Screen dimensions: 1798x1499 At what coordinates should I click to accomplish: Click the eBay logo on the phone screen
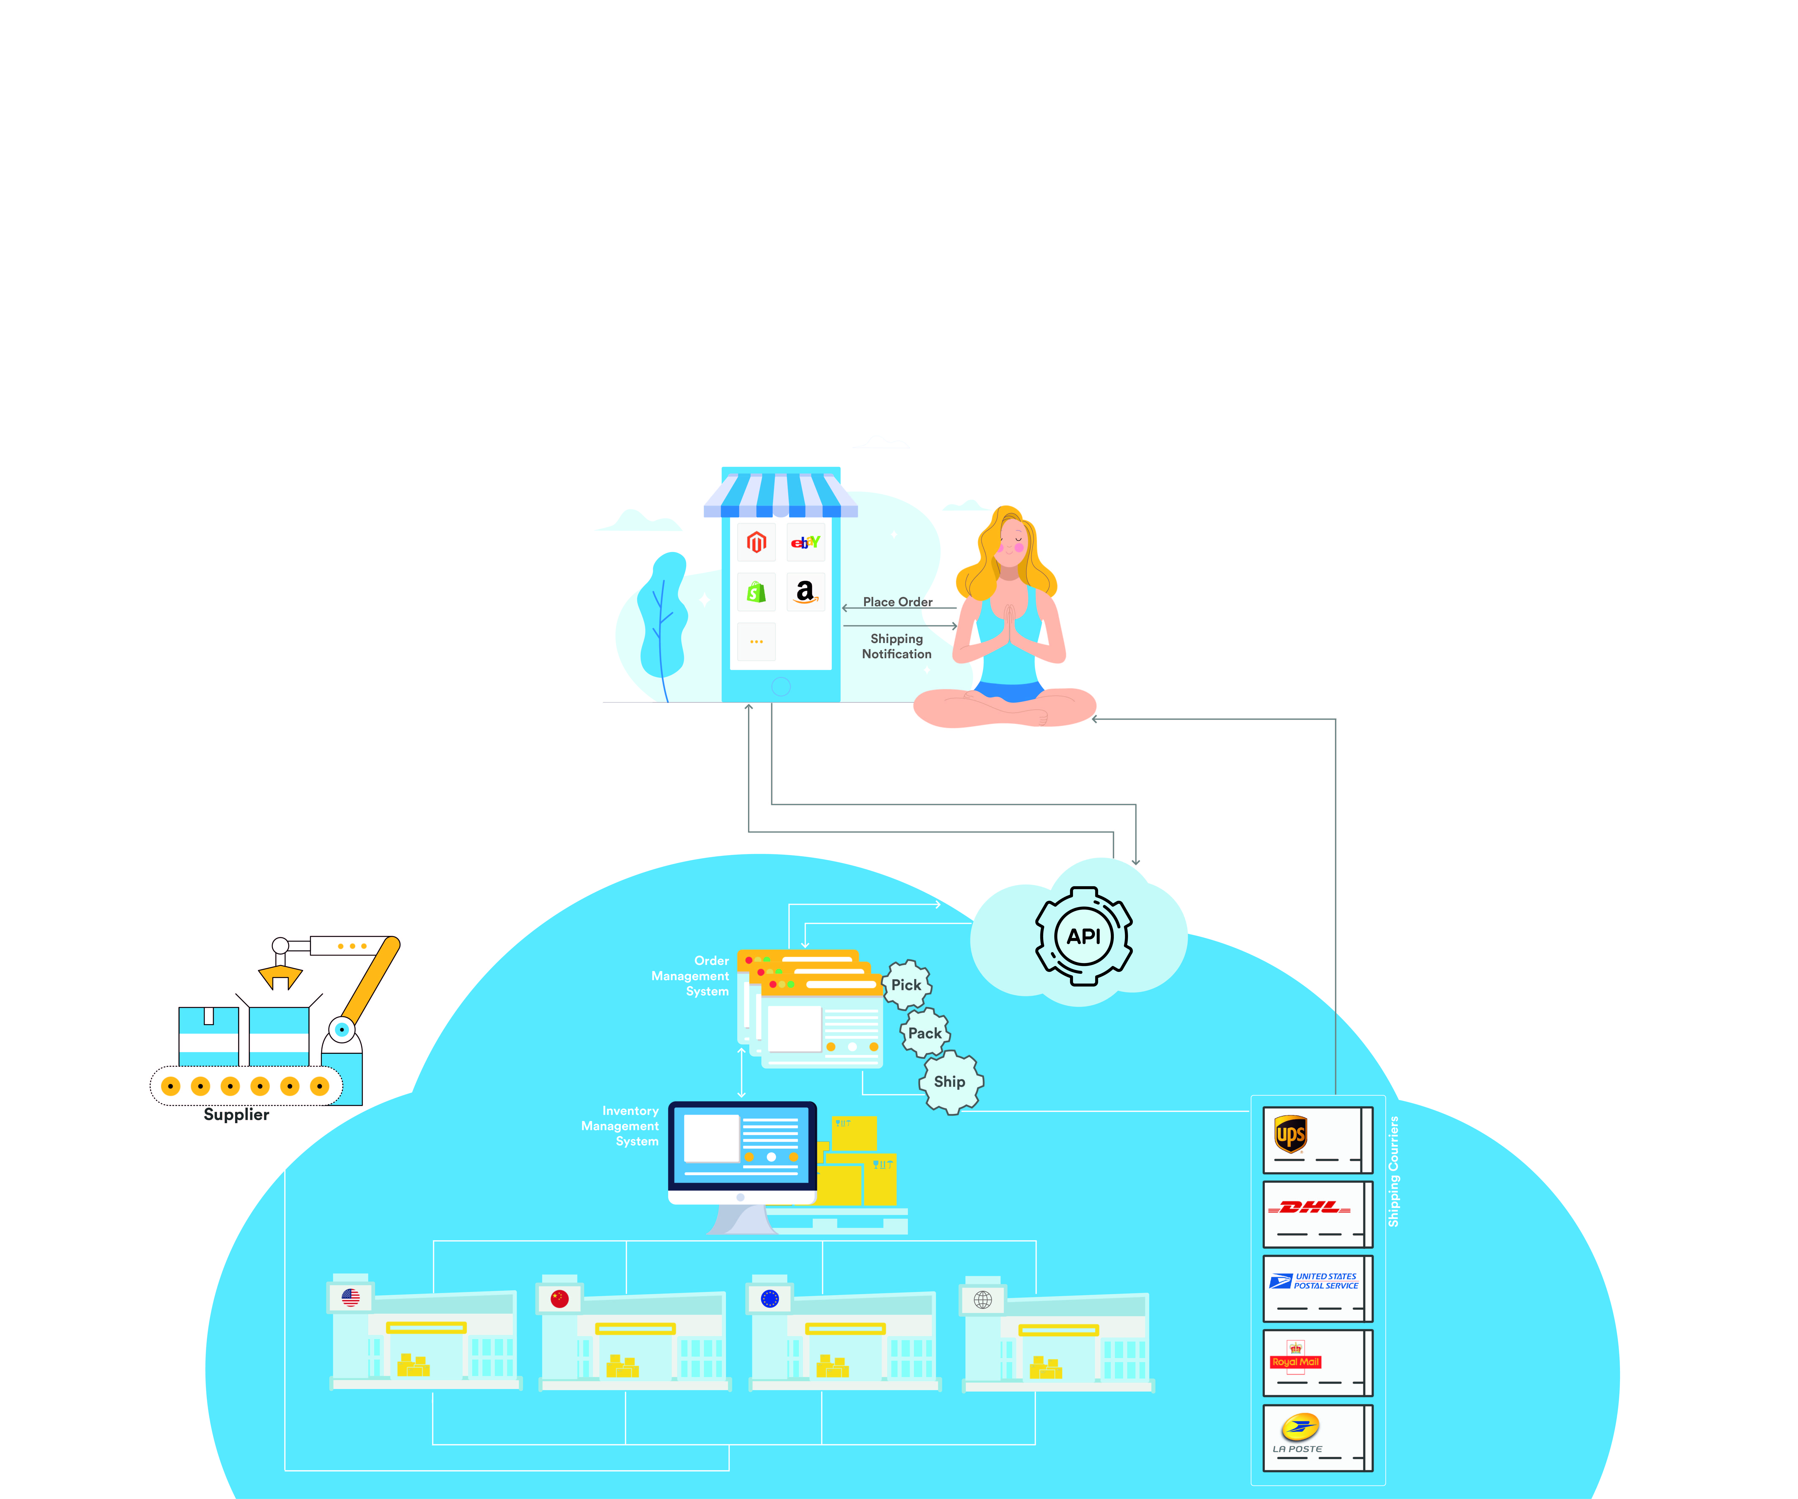point(805,542)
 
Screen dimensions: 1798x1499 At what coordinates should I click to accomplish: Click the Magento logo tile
point(756,542)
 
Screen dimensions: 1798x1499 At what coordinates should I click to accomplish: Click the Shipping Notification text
point(896,646)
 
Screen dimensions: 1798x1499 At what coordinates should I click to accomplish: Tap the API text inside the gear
point(1083,936)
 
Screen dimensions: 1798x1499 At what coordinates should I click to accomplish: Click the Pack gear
point(925,1033)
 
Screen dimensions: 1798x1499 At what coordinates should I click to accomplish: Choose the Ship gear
point(950,1082)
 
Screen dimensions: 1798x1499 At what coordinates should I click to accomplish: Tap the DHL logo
point(1309,1207)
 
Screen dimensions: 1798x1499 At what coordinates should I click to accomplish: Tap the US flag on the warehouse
point(350,1298)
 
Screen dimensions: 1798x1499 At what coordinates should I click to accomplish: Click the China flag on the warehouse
point(560,1298)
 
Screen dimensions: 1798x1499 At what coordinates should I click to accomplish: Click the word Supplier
point(236,1114)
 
